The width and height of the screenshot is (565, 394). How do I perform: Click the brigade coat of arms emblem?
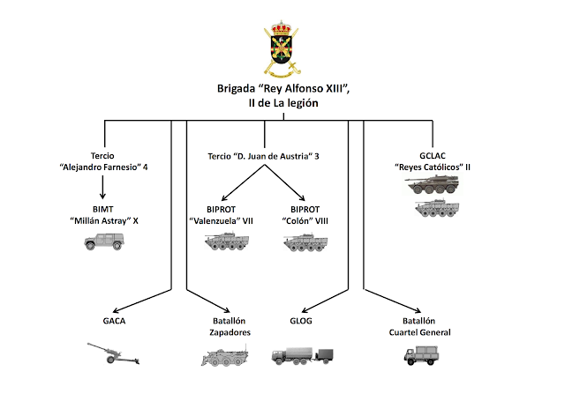[x=282, y=51]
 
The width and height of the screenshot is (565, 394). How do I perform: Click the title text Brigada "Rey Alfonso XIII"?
[x=282, y=89]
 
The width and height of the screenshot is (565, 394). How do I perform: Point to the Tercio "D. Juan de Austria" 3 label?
[x=262, y=156]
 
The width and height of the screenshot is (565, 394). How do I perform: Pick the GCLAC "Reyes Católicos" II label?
[x=438, y=161]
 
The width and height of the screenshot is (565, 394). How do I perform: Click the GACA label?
[x=114, y=321]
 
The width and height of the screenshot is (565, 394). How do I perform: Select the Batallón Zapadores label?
[x=226, y=327]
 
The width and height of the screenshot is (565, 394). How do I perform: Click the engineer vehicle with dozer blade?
[x=224, y=357]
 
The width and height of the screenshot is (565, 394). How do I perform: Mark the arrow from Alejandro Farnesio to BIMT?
[x=105, y=187]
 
